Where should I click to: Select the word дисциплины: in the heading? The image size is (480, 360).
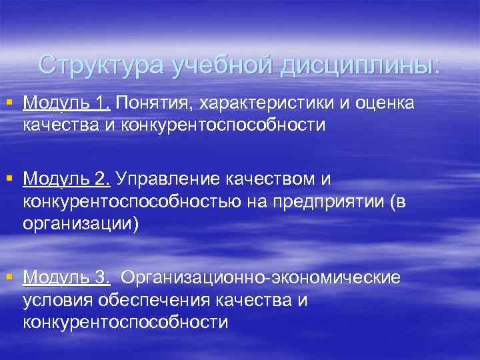click(361, 65)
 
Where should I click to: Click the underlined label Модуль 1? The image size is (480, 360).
click(66, 103)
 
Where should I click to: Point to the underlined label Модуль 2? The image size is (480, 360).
click(66, 179)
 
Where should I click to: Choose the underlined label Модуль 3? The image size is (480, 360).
click(66, 277)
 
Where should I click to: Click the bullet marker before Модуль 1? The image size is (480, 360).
click(9, 103)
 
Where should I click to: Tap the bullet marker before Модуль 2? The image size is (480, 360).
click(9, 178)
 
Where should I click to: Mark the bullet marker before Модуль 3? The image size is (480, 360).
click(9, 277)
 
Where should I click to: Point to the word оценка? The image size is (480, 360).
click(385, 103)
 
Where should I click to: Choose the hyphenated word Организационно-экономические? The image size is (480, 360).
click(261, 277)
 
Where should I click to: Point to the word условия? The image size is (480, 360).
click(57, 300)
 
